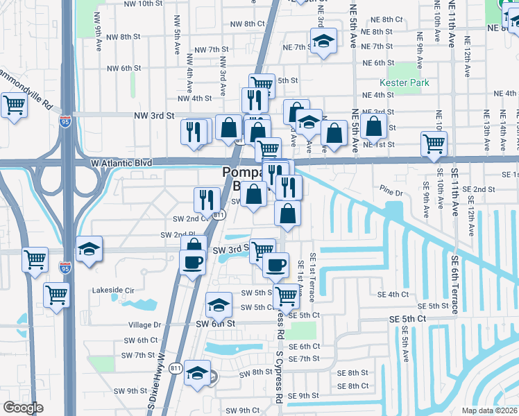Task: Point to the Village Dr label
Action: pyautogui.click(x=144, y=324)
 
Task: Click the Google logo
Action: pyautogui.click(x=23, y=408)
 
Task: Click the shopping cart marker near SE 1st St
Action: pyautogui.click(x=434, y=144)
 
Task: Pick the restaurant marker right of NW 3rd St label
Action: pyautogui.click(x=195, y=130)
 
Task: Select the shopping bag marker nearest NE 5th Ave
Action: pyautogui.click(x=374, y=125)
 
